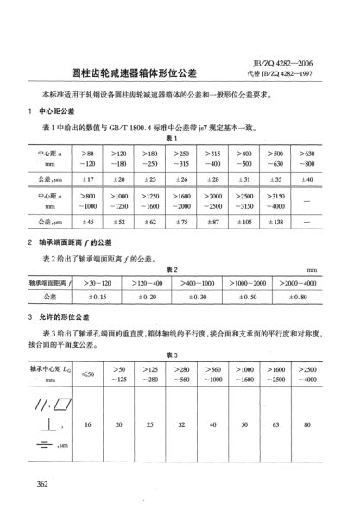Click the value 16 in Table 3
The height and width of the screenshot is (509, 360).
pyautogui.click(x=87, y=425)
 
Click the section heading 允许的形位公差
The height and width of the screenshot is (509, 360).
pyautogui.click(x=65, y=319)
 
